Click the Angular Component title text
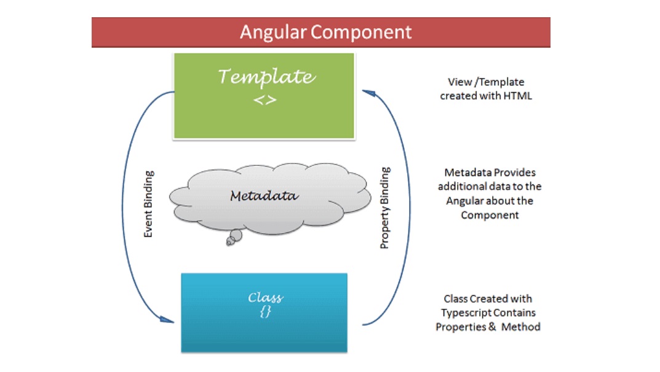click(x=325, y=32)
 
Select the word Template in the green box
click(x=266, y=77)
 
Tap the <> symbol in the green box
click(x=265, y=100)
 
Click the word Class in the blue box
click(x=265, y=298)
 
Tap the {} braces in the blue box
click(x=265, y=312)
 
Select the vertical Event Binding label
click(x=148, y=205)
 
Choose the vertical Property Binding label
click(x=385, y=208)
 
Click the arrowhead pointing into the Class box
click(x=167, y=320)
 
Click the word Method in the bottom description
click(x=520, y=327)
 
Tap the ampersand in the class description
click(x=492, y=327)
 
